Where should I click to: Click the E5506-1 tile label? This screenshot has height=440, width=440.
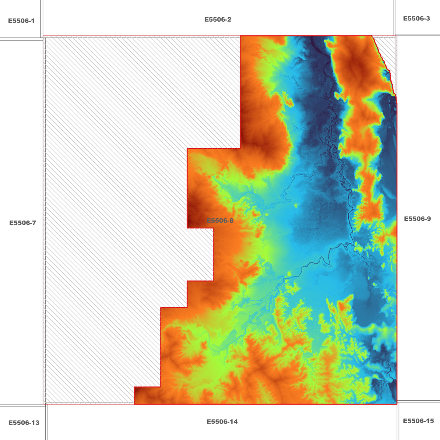(21, 21)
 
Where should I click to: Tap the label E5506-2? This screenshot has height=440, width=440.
(218, 20)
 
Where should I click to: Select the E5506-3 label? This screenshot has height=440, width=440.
(416, 19)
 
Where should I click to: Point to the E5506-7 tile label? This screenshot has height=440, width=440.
(23, 223)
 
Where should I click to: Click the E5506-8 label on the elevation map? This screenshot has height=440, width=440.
(220, 221)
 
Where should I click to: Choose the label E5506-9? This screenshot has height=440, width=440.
(417, 219)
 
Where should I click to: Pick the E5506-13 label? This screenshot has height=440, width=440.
(24, 423)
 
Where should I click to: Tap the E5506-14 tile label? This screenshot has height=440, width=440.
(222, 422)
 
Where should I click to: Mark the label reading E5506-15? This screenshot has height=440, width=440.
(418, 421)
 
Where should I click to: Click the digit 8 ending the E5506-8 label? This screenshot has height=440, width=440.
(231, 221)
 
